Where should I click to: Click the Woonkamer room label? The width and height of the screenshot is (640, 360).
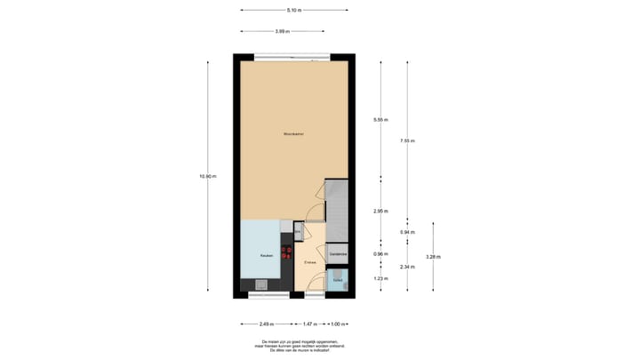tap(294, 134)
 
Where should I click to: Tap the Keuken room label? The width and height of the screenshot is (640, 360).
tap(265, 256)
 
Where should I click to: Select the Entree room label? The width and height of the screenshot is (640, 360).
tap(310, 262)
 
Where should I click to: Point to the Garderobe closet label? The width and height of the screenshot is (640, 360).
tap(338, 255)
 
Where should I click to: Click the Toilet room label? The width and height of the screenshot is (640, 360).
tap(337, 280)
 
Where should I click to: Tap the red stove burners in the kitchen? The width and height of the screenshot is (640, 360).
tap(287, 252)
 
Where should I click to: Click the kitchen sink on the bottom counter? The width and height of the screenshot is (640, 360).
tap(261, 285)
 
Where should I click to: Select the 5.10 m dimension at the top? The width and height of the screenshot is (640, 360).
tap(294, 11)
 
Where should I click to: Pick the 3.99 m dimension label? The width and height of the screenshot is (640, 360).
tap(281, 32)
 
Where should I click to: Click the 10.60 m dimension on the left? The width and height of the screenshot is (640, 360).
tap(208, 176)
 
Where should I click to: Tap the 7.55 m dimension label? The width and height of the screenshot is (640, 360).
tap(407, 140)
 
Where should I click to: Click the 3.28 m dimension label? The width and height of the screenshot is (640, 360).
tap(433, 257)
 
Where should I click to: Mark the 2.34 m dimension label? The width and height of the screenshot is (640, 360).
tap(407, 267)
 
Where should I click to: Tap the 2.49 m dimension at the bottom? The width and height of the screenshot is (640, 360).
tap(266, 324)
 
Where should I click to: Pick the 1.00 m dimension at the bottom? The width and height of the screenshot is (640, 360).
tap(338, 324)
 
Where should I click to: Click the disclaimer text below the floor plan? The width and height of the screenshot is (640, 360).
tap(294, 345)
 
